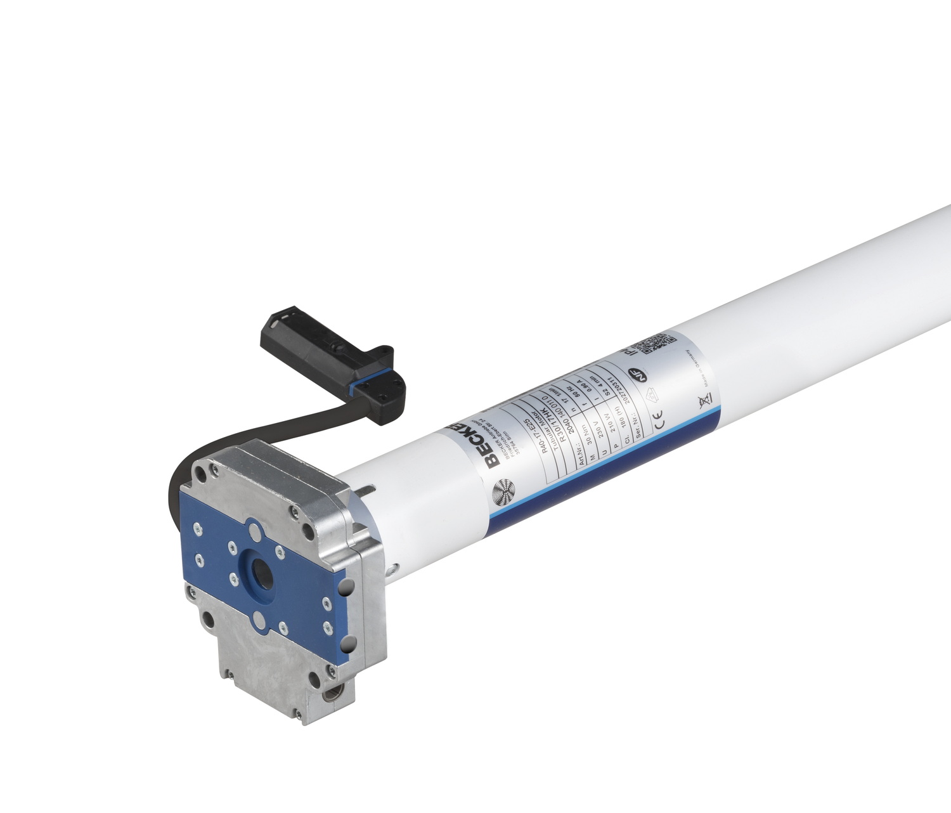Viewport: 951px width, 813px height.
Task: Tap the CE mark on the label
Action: pyautogui.click(x=658, y=418)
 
